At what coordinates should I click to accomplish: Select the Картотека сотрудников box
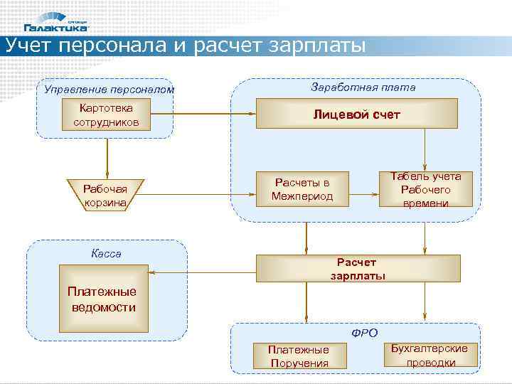106,114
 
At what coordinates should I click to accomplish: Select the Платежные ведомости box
104,299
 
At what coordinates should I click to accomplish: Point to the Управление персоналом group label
109,90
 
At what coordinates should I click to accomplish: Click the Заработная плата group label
363,87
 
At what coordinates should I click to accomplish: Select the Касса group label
106,253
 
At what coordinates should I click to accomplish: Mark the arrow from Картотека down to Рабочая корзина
106,156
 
